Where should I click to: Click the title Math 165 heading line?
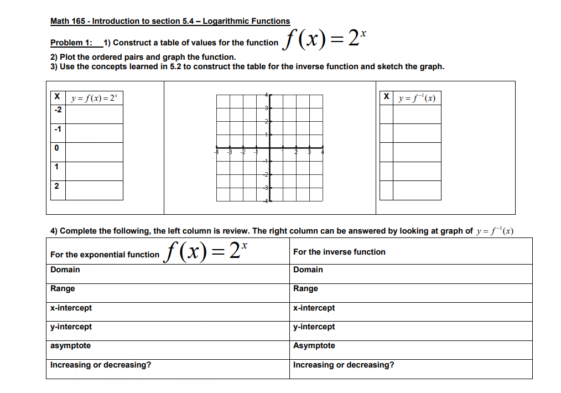point(170,21)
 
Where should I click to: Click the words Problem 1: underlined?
point(71,43)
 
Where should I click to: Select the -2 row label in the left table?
point(56,110)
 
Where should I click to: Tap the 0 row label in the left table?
point(56,148)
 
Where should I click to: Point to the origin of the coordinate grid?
point(270,148)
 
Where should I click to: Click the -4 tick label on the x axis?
point(216,152)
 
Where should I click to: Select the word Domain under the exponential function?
point(65,270)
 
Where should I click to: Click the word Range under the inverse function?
point(305,288)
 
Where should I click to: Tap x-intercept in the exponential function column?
point(71,308)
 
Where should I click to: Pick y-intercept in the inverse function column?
point(314,327)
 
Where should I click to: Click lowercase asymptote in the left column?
point(71,345)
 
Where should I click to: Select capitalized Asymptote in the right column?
point(314,345)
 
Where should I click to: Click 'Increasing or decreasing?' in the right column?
point(344,365)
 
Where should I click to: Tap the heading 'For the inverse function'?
point(339,252)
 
